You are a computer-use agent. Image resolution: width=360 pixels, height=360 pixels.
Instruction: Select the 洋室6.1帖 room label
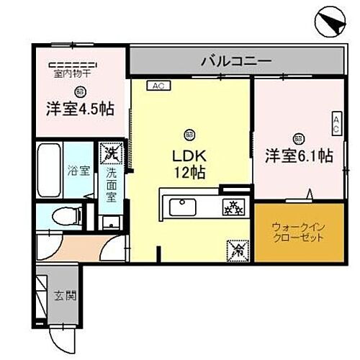[299, 155]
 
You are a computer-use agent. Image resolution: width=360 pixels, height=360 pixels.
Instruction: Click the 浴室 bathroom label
[79, 171]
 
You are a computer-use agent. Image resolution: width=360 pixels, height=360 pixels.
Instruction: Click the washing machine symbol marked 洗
[111, 153]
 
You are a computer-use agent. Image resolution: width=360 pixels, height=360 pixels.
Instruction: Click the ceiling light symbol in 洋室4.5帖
[79, 91]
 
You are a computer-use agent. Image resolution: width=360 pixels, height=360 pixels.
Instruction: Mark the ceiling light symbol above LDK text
[189, 133]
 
